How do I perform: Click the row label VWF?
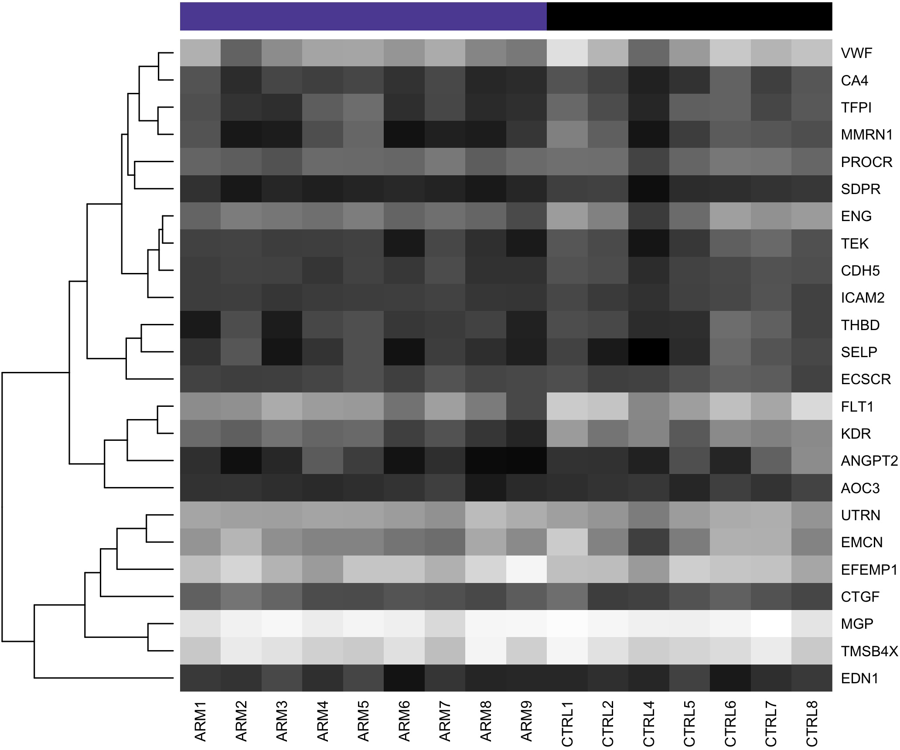(x=856, y=53)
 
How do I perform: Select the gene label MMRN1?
(x=866, y=135)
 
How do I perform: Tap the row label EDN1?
(x=859, y=678)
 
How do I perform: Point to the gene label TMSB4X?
(x=869, y=651)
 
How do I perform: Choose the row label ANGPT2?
(x=869, y=461)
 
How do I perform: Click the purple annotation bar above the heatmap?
(x=363, y=17)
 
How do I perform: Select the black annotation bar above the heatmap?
(x=689, y=17)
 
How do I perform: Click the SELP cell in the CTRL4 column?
(x=648, y=352)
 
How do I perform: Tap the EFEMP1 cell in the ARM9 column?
(x=526, y=569)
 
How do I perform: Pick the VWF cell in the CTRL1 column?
(x=567, y=53)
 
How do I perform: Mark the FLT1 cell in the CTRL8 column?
(x=811, y=406)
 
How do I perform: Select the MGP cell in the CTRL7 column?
(x=771, y=624)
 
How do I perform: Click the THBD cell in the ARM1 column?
(x=200, y=325)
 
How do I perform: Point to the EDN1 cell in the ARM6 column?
(x=404, y=678)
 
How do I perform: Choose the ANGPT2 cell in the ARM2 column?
(x=241, y=461)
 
